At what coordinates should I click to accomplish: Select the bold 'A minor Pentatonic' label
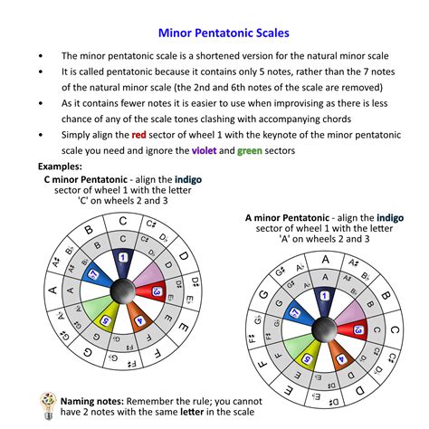[x=287, y=218]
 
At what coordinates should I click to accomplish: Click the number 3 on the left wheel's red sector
[x=157, y=291]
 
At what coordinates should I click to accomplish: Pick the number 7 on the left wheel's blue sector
[x=91, y=272]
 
